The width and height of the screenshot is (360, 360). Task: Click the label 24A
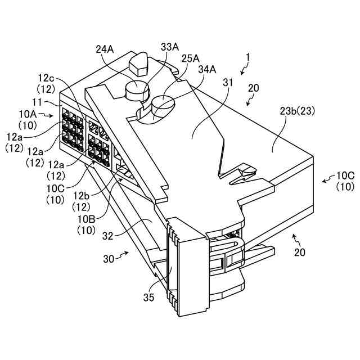(x=105, y=49)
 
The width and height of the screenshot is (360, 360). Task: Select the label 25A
(x=190, y=58)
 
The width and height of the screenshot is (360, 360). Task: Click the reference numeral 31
(x=227, y=82)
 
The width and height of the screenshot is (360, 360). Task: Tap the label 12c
(x=46, y=78)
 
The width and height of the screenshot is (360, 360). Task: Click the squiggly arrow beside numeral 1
(x=242, y=69)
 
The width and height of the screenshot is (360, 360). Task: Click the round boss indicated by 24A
(x=137, y=89)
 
